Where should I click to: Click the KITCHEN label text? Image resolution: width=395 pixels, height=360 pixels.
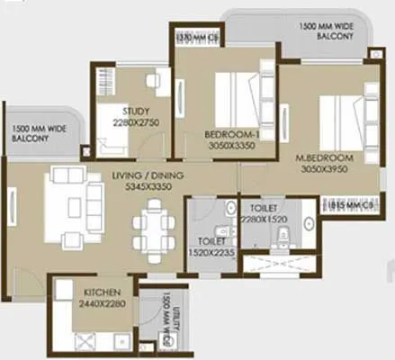point(103,293)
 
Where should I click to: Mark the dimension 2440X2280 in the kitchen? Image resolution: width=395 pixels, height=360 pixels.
point(103,305)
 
